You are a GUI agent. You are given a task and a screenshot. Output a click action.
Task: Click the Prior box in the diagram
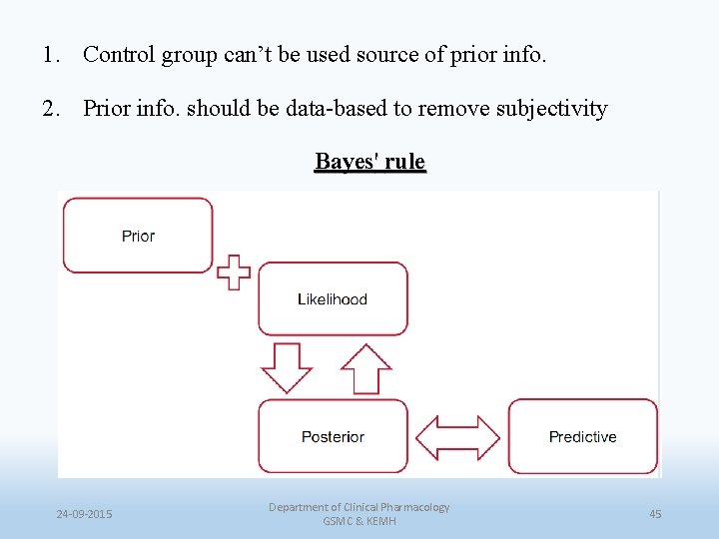point(138,236)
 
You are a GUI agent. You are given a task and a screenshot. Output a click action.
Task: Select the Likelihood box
point(333,298)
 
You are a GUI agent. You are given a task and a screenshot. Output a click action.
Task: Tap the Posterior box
point(333,436)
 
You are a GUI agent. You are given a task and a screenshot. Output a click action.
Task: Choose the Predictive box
point(583,436)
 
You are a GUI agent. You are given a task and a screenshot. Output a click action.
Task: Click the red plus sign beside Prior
point(234,271)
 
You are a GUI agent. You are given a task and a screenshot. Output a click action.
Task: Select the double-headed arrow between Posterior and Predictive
point(457,437)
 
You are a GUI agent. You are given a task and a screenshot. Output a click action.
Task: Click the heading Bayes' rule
point(369,162)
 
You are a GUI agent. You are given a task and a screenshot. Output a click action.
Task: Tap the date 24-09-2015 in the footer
point(84,514)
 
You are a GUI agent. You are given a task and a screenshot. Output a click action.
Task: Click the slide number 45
point(655,514)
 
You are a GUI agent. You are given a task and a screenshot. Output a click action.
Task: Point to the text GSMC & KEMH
point(359,522)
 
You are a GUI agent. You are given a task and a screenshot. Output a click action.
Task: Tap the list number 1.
point(50,54)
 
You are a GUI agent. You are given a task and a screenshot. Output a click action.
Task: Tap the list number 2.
point(50,108)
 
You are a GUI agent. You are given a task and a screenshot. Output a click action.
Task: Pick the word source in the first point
point(388,54)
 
